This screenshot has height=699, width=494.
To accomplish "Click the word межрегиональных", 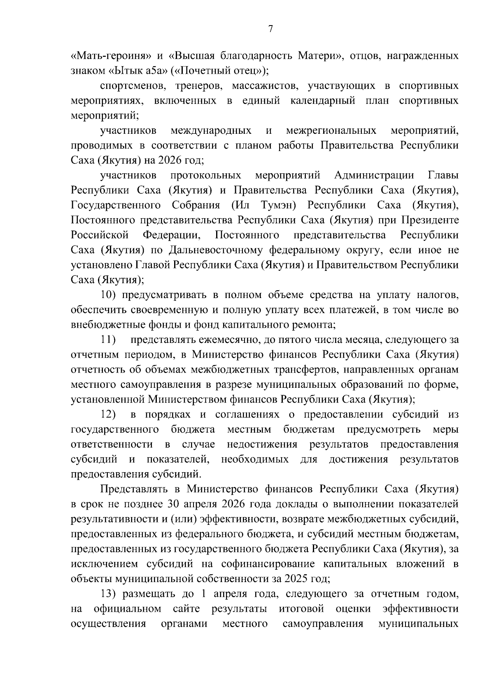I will pyautogui.click(x=331, y=130).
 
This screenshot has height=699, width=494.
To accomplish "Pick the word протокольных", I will pyautogui.click(x=206, y=175).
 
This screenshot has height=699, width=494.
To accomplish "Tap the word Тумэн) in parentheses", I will pyautogui.click(x=277, y=205).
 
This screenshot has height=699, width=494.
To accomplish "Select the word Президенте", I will pyautogui.click(x=430, y=220).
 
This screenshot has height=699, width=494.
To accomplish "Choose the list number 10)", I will pyautogui.click(x=109, y=295).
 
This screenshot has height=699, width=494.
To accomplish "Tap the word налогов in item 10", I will pyautogui.click(x=437, y=295).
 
